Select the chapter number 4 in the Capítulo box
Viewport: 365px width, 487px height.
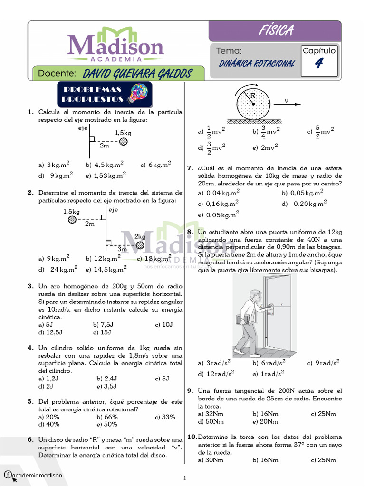click(x=319, y=63)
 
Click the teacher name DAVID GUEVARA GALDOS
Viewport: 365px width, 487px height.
click(x=137, y=74)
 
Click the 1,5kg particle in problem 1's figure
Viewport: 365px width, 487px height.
click(x=124, y=141)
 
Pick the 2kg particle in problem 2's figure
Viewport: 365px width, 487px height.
click(x=140, y=245)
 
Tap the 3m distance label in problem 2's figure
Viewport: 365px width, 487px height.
click(x=122, y=249)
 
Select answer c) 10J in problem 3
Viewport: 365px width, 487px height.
click(x=163, y=325)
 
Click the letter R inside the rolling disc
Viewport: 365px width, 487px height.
click(x=253, y=96)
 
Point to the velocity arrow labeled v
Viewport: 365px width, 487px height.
click(x=288, y=104)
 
